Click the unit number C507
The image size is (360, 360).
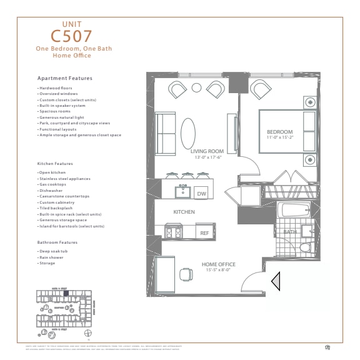[x=71, y=36]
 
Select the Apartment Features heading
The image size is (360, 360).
[x=65, y=79]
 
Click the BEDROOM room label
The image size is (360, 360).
[x=279, y=132]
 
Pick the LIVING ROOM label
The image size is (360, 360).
[x=207, y=151]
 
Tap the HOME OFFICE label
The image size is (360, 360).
[x=217, y=264]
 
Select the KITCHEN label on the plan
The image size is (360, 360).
[x=184, y=212]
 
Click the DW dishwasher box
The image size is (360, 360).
[x=201, y=194]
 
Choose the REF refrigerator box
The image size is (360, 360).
[x=204, y=232]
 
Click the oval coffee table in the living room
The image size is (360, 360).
[x=187, y=133]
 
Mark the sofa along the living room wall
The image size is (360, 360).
[x=166, y=133]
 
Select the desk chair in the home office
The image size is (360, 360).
[x=186, y=274]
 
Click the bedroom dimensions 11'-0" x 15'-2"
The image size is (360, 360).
[x=279, y=138]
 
